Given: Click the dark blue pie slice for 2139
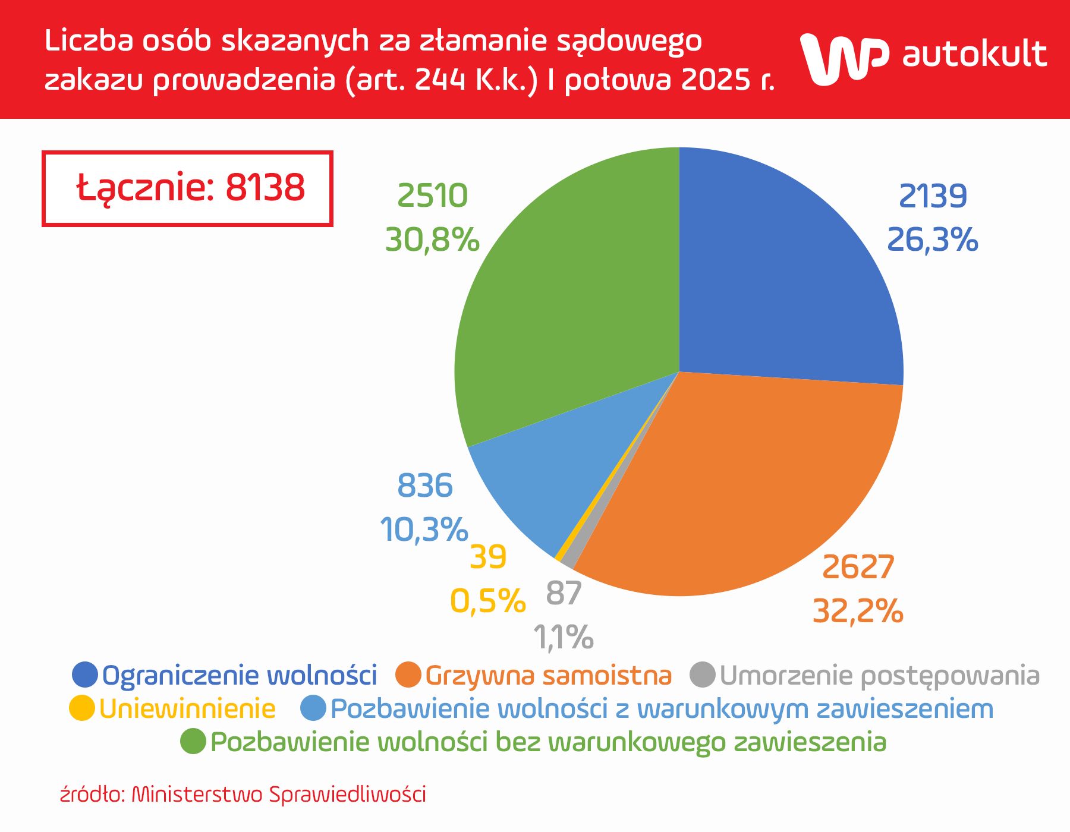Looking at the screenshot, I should point(785,273).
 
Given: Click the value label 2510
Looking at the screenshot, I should point(432,196).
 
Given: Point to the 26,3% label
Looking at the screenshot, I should point(932,239).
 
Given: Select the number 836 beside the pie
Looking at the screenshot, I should point(424,486).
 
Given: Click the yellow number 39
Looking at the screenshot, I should point(488,557).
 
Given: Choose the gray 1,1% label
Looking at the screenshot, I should point(563,637).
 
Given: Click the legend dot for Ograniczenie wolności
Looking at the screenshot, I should point(84,675).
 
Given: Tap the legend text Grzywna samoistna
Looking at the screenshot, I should point(548,675).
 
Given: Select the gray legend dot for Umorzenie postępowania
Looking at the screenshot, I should point(702,675).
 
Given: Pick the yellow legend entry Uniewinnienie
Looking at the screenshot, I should point(187,708).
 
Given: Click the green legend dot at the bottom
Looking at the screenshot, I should point(193,741).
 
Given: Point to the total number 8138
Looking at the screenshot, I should point(265,187).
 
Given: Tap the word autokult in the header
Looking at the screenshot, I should point(974,55).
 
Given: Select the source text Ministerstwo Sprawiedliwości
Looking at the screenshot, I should point(278,794).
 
